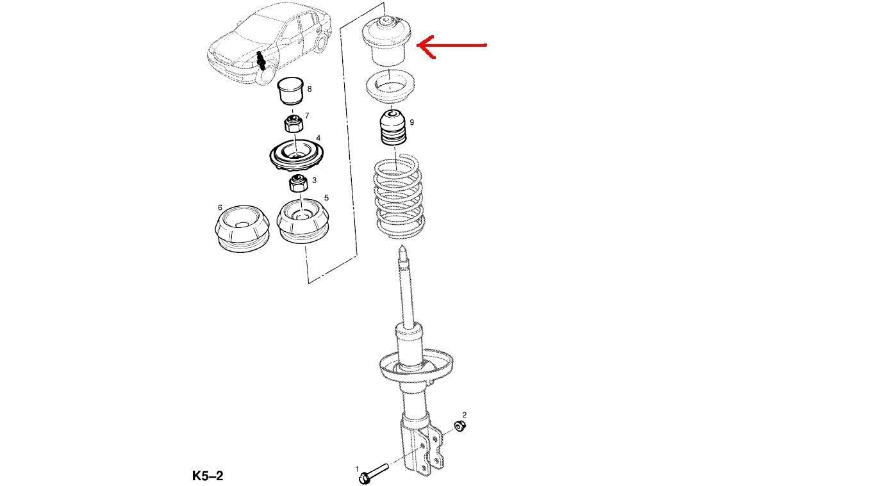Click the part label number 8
pos(310,89)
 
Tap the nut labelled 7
pos(293,123)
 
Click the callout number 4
pos(319,138)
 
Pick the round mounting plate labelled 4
pos(295,156)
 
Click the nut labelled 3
pos(299,184)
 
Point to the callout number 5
pos(326,198)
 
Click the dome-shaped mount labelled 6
pos(241,229)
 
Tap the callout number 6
pos(220,207)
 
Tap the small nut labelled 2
pos(459,426)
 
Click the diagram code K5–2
pos(208,476)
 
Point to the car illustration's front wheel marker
pos(261,61)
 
